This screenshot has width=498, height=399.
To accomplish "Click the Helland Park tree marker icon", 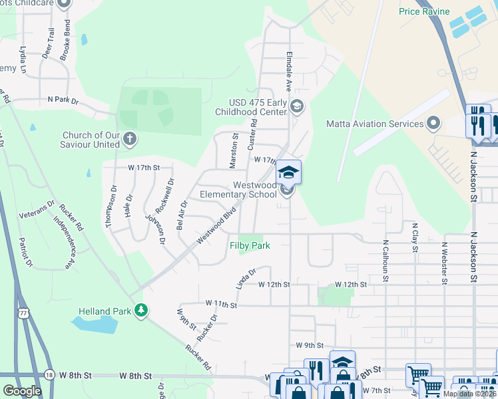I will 140,310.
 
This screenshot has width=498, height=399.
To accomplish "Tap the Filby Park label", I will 250,245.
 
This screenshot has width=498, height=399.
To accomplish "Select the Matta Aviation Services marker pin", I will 434,123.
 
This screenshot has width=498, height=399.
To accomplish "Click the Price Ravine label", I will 424,11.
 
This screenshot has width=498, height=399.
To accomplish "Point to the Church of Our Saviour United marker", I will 130,139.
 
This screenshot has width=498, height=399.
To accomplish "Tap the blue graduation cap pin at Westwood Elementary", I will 288,173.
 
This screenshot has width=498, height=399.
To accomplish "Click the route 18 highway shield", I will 49,375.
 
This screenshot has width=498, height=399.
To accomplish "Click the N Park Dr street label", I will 63,101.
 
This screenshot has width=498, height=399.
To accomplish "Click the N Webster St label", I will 443,263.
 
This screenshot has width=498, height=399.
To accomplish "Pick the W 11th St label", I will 222,304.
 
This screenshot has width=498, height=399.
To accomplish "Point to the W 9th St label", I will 309,345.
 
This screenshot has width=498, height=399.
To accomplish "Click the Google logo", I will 22,391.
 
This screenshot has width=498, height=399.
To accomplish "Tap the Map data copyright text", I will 469,394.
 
